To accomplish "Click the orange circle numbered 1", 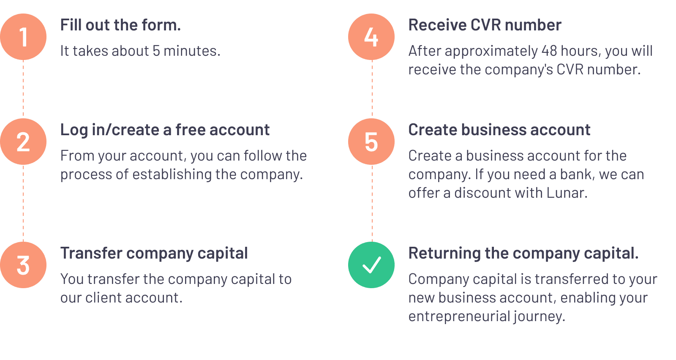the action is point(23,37).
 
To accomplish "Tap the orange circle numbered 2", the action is point(23,142).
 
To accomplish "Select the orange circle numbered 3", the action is point(23,265).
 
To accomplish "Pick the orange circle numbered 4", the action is point(371,37).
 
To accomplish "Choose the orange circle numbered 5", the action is point(371,142).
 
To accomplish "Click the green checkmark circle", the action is point(371,265).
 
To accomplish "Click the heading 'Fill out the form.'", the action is point(120,25).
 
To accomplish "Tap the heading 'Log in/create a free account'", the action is point(165,130).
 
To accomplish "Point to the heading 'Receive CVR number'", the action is point(485,25).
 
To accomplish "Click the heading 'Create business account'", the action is point(499,130).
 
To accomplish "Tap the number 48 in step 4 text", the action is point(549,51).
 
